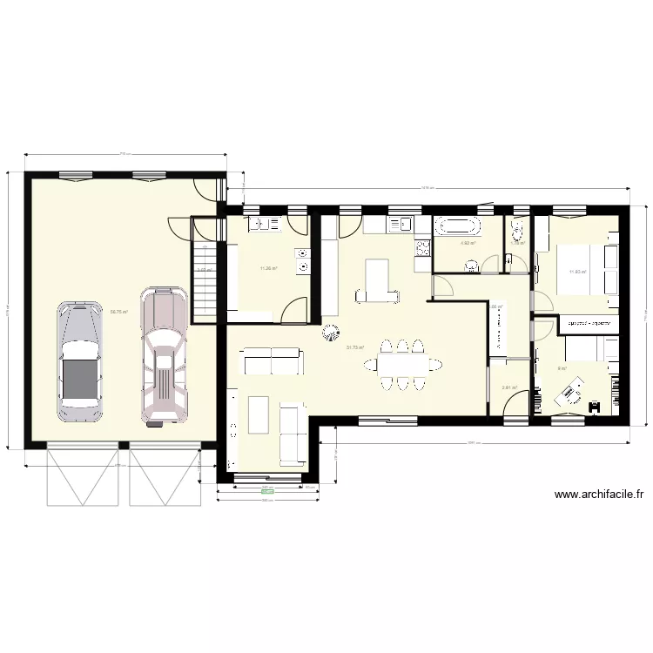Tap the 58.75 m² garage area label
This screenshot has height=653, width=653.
(119, 311)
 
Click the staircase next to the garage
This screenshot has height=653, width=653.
(204, 279)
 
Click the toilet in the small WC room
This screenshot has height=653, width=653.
(518, 231)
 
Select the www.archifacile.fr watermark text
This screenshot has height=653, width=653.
(599, 495)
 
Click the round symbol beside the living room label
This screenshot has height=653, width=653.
(331, 331)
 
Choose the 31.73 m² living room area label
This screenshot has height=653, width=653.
(355, 347)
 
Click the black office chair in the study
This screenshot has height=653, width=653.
(596, 405)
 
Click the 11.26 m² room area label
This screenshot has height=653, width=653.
(268, 268)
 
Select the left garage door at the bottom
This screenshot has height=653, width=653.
(80, 475)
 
